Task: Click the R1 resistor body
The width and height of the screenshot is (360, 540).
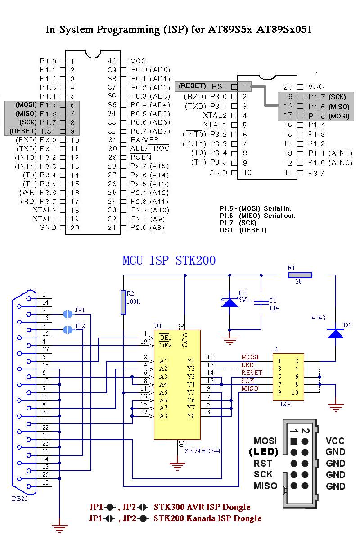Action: [300, 275]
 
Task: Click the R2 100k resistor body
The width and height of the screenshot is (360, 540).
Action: [123, 302]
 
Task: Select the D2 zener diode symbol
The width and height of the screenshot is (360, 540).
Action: [229, 302]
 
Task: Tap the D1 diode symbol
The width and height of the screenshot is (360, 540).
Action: [335, 333]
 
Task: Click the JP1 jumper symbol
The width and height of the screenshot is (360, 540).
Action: [67, 314]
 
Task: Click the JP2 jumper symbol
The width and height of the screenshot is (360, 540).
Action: [67, 330]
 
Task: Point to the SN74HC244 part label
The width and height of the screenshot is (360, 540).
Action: [202, 451]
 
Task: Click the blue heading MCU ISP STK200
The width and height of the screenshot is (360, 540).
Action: [169, 261]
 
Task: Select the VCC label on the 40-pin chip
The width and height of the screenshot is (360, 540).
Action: [139, 61]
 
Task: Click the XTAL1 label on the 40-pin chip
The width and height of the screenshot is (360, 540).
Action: [45, 219]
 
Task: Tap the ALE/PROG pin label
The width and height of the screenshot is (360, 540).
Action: [150, 148]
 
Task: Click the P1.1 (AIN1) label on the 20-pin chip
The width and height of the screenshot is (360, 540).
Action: [330, 153]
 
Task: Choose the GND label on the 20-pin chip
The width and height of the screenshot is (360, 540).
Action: [218, 173]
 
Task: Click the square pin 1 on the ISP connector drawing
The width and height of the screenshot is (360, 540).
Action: [294, 441]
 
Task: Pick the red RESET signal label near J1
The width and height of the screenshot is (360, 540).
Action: [252, 373]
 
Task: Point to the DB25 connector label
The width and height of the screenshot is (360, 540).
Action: [20, 499]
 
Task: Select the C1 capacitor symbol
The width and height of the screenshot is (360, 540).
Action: [261, 302]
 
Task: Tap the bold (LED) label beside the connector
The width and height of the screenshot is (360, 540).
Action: [264, 452]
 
